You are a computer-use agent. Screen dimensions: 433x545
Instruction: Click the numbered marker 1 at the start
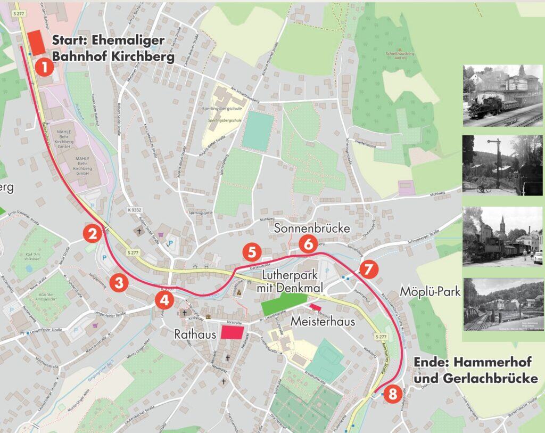45,67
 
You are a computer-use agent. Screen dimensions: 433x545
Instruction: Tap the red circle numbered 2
93,234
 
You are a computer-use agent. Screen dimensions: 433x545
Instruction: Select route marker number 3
119,282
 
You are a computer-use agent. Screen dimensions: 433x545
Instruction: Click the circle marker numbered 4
164,300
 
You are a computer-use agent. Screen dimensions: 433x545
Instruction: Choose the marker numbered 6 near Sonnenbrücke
308,244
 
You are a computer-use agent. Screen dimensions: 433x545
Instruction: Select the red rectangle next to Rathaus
232,332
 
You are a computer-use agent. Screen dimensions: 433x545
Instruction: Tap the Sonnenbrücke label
312,228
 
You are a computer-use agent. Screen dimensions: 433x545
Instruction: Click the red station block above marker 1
37,42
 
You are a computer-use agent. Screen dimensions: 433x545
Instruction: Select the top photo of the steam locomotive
502,95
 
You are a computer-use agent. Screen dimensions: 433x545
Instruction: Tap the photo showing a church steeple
502,236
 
